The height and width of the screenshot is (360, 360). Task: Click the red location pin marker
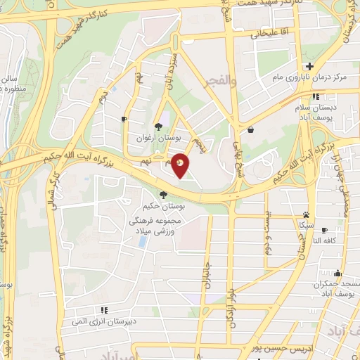[x=181, y=164]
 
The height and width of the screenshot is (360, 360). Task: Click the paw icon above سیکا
[x=307, y=214]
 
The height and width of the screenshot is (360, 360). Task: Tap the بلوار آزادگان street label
[x=230, y=302]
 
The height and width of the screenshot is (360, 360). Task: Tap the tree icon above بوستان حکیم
[x=163, y=195]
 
